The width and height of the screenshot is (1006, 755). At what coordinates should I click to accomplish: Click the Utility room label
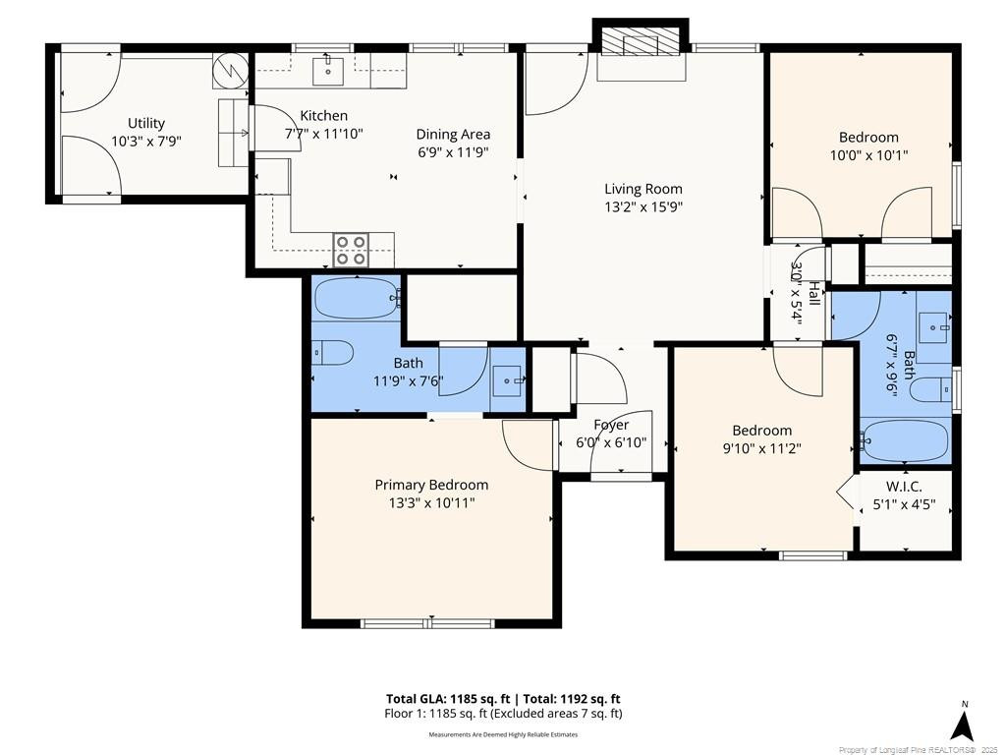click(146, 123)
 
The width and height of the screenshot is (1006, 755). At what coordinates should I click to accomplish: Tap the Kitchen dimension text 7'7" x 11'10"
click(324, 134)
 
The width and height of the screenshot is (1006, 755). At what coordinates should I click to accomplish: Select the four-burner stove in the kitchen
click(351, 251)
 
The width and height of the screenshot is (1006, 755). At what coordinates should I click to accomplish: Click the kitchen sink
click(328, 71)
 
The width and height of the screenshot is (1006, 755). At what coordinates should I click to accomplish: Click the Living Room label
click(643, 189)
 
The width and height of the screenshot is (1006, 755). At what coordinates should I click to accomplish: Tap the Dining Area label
click(453, 134)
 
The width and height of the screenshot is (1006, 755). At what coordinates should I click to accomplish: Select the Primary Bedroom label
click(432, 485)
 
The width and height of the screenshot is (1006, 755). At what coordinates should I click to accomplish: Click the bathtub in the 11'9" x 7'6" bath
click(357, 298)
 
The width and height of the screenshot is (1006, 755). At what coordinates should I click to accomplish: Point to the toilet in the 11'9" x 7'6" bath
click(333, 353)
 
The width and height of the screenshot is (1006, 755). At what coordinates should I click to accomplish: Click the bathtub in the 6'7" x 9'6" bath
click(905, 440)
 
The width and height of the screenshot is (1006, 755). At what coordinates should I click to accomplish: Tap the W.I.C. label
click(904, 487)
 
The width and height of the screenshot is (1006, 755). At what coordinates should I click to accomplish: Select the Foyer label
click(611, 425)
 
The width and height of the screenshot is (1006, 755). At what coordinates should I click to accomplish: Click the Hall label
click(813, 293)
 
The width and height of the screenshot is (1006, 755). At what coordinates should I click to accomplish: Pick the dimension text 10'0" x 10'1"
click(869, 154)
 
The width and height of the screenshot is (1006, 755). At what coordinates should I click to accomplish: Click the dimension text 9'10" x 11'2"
click(762, 448)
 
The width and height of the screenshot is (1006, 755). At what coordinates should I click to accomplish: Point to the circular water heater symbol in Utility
click(231, 71)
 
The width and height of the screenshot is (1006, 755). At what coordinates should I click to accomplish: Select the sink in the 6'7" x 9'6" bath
click(934, 327)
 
